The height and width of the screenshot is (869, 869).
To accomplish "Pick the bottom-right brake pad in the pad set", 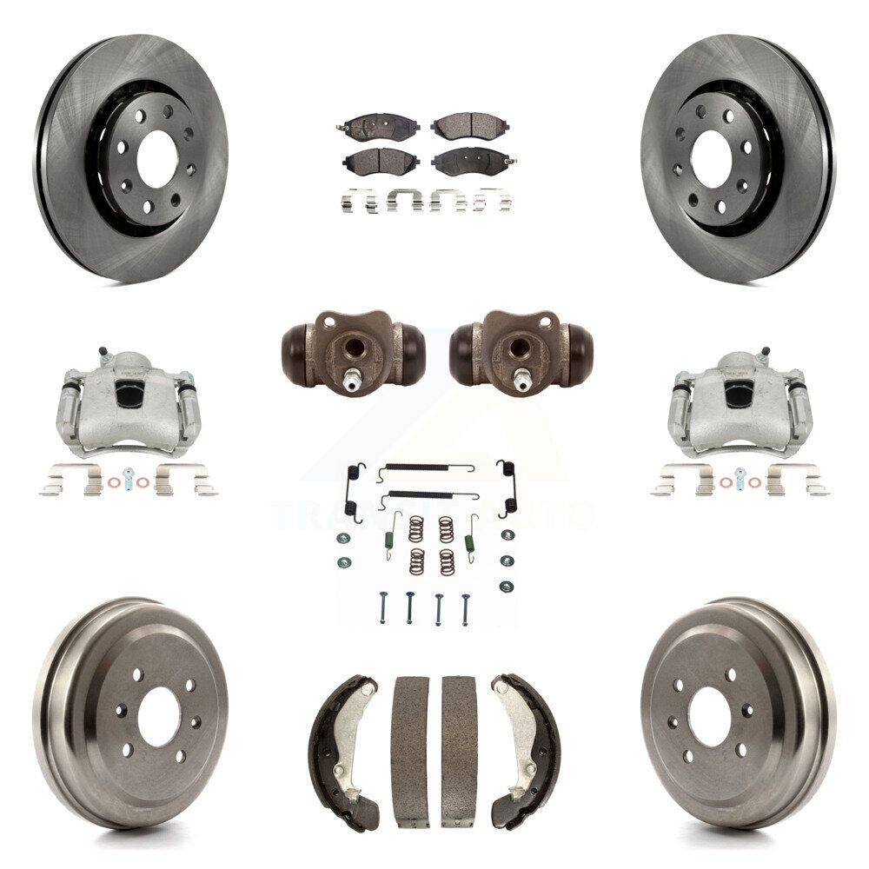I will coord(470,161).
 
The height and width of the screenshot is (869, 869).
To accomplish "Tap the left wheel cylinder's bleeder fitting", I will coord(355,380).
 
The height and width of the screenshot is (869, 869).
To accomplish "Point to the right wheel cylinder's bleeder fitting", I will coord(522,380).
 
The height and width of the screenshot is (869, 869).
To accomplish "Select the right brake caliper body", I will coord(740,403).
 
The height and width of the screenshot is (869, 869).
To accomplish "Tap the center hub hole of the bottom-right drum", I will coord(709,704).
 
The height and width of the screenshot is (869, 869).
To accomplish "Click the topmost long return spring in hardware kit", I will coord(426,468).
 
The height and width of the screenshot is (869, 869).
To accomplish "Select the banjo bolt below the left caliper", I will coord(129,478).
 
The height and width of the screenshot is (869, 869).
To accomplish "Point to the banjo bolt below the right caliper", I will coord(740,478).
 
